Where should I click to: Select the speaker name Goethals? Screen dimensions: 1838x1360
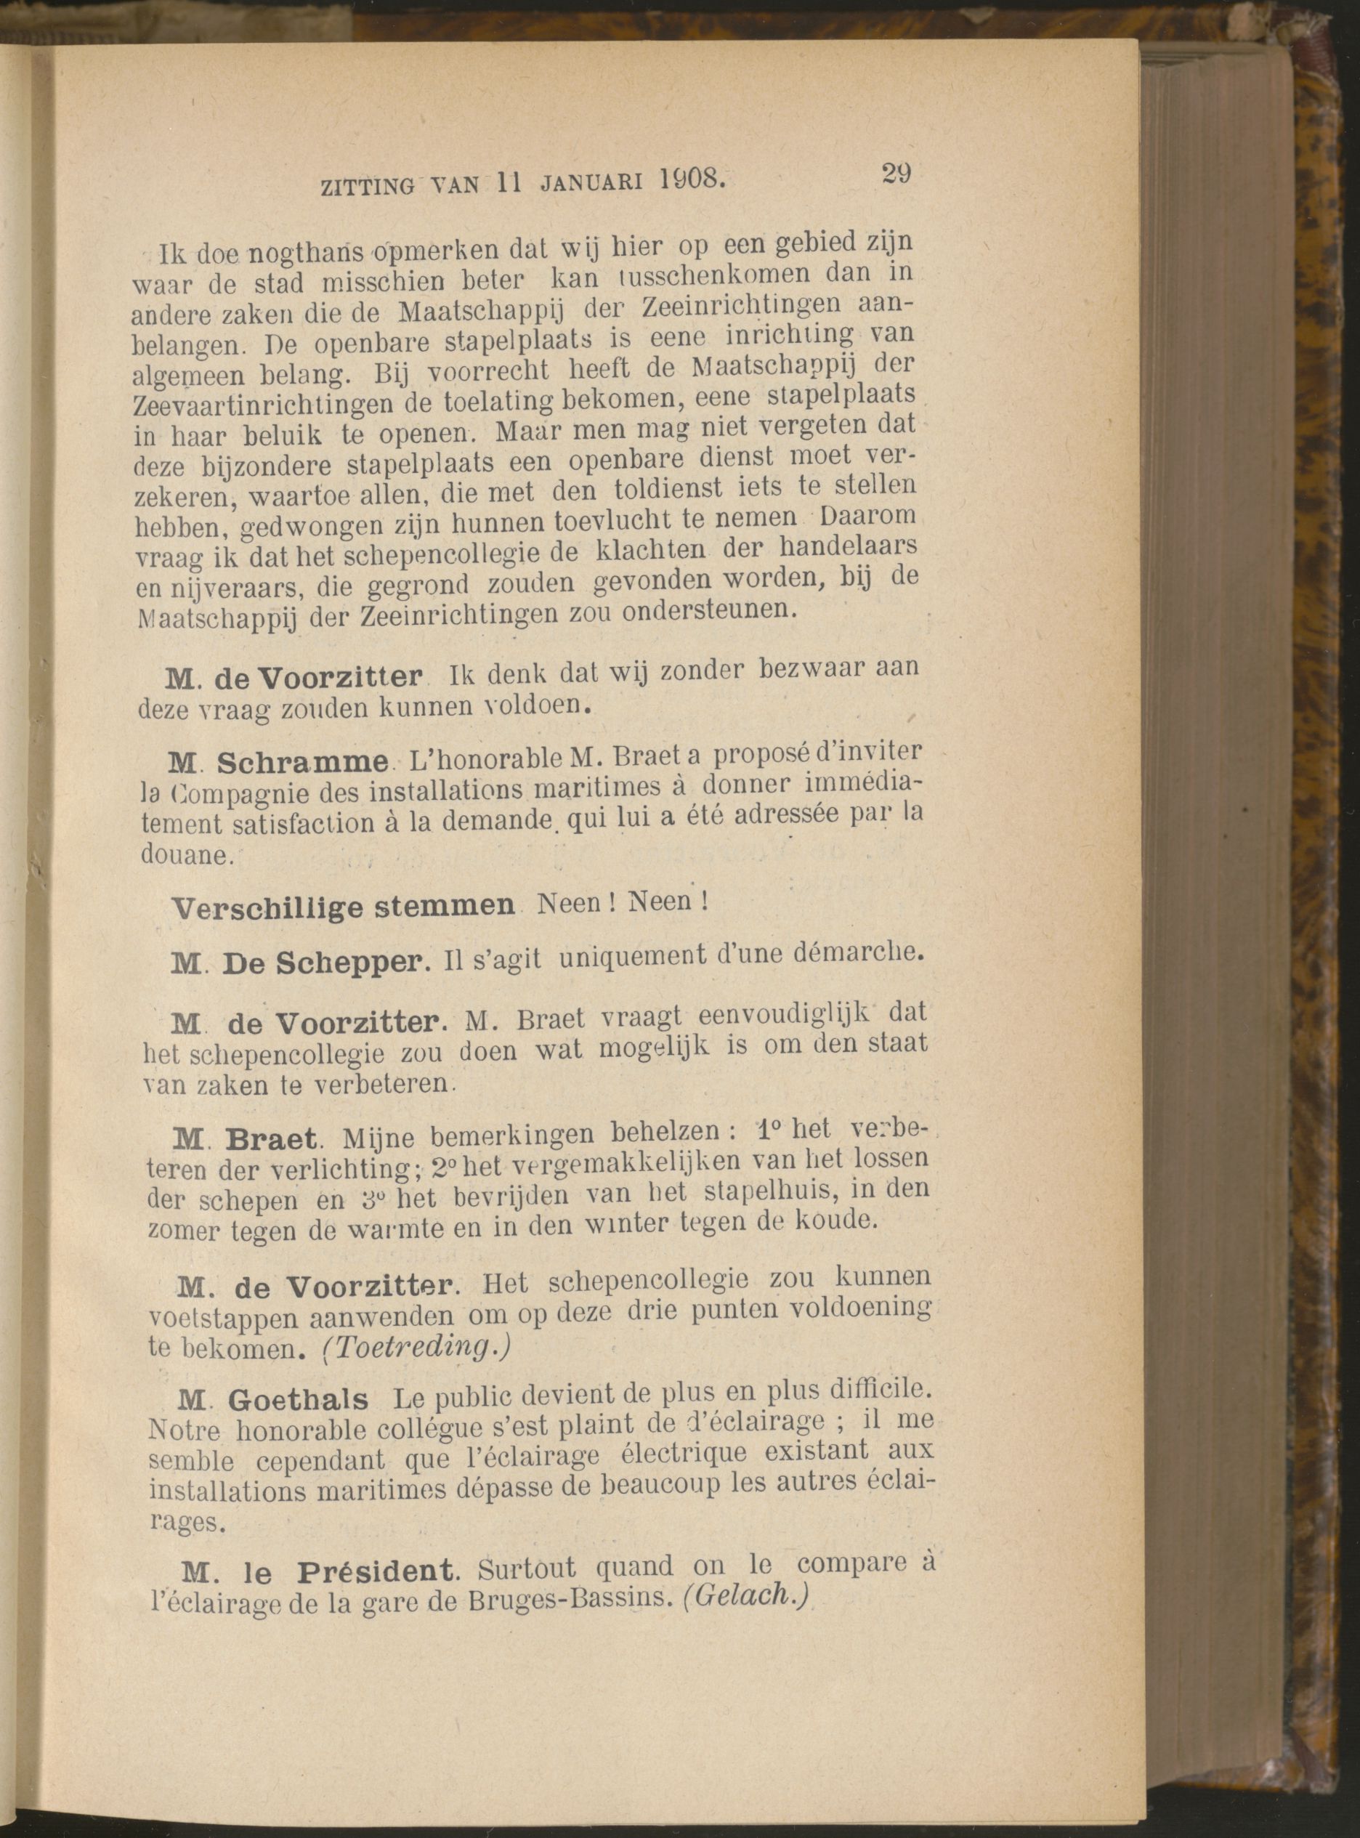(298, 1399)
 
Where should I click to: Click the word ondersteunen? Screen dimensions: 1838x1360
(701, 610)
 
